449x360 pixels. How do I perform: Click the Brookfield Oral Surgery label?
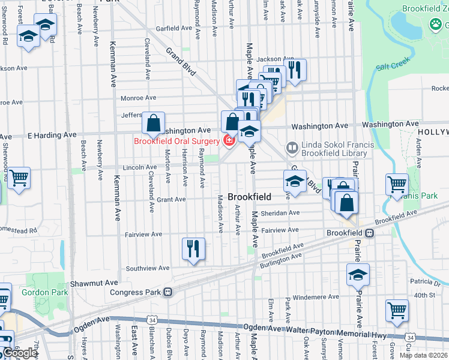[176, 142]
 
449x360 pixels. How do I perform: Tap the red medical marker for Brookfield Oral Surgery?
[228, 142]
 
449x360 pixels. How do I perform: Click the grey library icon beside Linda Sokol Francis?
[292, 147]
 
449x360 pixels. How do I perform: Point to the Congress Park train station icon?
[168, 292]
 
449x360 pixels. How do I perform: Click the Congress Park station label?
[136, 292]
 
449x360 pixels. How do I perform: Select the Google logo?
[19, 353]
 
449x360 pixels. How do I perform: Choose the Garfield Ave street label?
[174, 28]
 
